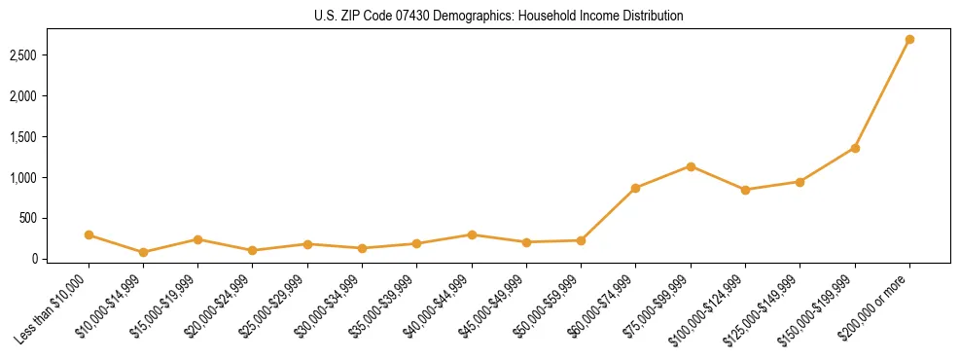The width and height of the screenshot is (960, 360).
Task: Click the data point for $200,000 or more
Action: coord(909,40)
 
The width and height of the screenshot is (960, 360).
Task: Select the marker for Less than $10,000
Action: coord(89,234)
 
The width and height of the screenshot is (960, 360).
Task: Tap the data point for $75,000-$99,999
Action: coord(691,166)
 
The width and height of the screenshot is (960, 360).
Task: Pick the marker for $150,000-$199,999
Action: coord(855,148)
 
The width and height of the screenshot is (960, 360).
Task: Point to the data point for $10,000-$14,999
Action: coord(143,252)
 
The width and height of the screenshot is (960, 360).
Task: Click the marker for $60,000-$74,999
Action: coord(635,188)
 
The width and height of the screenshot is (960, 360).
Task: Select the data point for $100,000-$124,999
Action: coord(745,190)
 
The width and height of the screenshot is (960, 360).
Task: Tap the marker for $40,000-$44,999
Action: coord(472,234)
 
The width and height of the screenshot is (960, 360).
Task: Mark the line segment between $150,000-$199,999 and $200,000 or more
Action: coord(882,94)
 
